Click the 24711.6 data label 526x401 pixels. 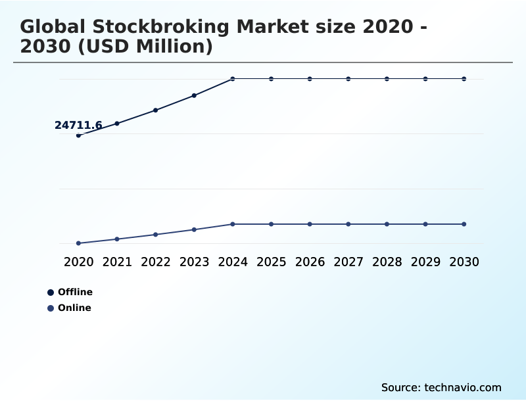coord(78,125)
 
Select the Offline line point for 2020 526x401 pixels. coord(78,135)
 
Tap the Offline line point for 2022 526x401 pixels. coord(156,110)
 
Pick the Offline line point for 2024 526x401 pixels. coord(233,79)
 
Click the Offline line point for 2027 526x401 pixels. coord(348,79)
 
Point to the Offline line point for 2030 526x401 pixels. coord(464,79)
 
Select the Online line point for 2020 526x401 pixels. coord(78,243)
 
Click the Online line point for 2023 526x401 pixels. coord(194,229)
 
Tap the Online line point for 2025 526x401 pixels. coord(271,224)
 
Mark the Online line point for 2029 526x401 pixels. coord(425,224)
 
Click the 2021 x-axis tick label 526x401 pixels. coord(117,262)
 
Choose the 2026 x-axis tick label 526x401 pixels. coord(310,262)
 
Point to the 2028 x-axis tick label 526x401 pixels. coord(387,262)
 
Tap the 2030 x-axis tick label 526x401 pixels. coord(464,262)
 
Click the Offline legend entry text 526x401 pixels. coord(75,292)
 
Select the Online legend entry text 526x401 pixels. coord(74,308)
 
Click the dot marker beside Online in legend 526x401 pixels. coord(51,308)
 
